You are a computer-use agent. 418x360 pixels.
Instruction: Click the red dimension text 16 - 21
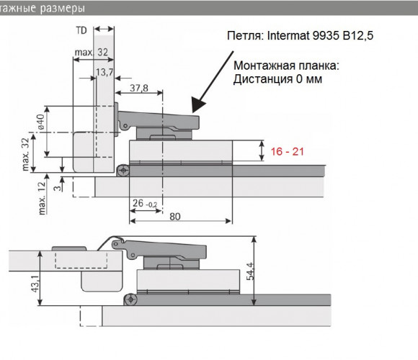(287, 151)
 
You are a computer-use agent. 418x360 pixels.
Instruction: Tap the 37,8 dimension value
(139, 88)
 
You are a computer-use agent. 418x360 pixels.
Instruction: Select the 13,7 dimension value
(104, 72)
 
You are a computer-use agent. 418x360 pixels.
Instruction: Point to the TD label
(81, 30)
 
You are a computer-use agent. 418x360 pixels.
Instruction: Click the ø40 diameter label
(41, 122)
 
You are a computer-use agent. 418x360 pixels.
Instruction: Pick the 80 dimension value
(175, 217)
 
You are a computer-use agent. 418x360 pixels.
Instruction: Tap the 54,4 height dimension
(250, 271)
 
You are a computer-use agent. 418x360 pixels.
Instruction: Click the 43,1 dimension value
(35, 284)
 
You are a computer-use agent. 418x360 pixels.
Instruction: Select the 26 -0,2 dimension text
(145, 204)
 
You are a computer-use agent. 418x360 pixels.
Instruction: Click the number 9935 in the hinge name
(326, 35)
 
